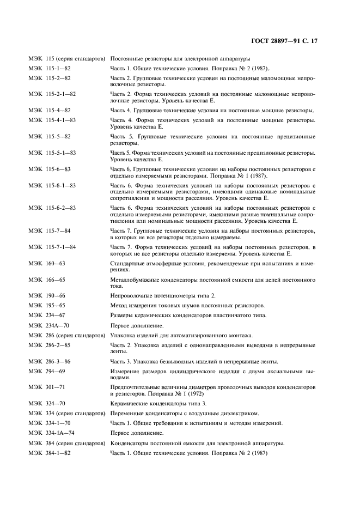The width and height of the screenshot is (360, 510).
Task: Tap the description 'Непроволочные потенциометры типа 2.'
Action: pyautogui.click(x=152, y=295)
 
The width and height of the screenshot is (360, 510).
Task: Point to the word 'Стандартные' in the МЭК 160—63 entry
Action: pyautogui.click(x=127, y=264)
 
